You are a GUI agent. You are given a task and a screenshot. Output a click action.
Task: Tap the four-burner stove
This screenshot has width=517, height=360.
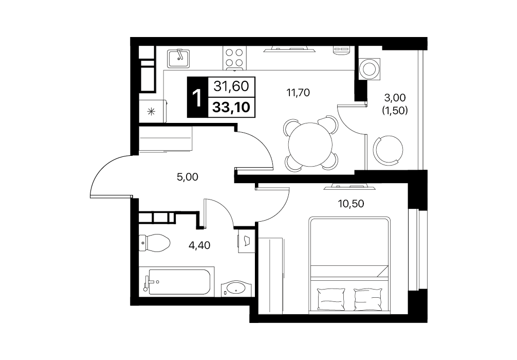[234, 58]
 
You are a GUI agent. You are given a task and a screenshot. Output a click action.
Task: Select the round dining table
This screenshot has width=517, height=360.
[310, 145]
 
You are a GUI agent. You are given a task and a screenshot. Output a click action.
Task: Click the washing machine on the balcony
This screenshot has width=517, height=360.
[370, 69]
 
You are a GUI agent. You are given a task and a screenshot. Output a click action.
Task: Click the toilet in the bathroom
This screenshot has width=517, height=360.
[154, 243]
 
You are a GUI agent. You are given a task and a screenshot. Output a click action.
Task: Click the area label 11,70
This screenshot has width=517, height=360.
[298, 93]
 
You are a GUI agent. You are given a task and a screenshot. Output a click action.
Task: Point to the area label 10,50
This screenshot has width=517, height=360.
[351, 204]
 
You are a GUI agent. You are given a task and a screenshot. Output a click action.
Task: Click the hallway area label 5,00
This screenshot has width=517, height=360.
[187, 177]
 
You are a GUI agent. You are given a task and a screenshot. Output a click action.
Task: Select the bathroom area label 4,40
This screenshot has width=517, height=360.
[199, 245]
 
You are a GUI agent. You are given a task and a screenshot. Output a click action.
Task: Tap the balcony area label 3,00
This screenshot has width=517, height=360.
[395, 98]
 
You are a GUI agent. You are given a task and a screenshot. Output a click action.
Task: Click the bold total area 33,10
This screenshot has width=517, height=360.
[231, 107]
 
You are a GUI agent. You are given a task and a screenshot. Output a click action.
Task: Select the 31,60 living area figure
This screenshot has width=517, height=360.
[231, 86]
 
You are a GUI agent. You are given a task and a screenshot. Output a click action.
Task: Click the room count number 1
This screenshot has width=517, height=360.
[197, 98]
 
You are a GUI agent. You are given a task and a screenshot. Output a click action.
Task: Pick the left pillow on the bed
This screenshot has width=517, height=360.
[331, 299]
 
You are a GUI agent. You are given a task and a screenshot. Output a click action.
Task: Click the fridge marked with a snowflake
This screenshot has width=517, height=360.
[153, 111]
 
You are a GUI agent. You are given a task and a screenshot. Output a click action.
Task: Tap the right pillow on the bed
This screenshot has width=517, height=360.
[368, 299]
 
